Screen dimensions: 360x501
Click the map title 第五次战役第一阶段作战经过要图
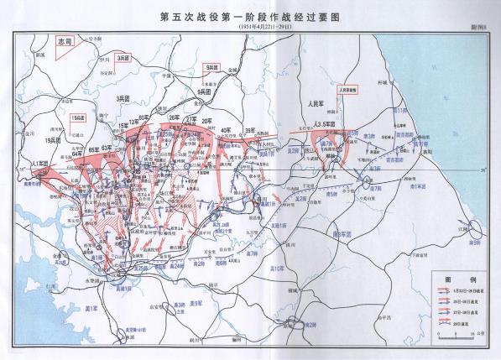(250, 16)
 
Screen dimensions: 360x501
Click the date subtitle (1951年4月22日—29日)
(250, 27)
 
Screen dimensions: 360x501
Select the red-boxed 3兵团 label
(123, 57)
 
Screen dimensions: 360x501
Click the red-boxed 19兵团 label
(79, 118)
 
